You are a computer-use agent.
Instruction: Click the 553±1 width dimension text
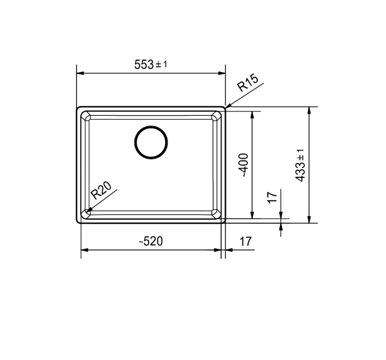(x=151, y=65)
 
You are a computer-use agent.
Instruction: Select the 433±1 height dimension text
(x=301, y=165)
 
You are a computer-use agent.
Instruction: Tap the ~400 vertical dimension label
(x=244, y=165)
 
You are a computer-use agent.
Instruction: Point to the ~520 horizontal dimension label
(x=151, y=241)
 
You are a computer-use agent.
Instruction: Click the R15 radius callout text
(x=248, y=83)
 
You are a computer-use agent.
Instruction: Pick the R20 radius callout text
(x=101, y=190)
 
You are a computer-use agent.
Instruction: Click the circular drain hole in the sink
(x=151, y=142)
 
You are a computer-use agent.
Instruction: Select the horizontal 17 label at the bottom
(x=246, y=241)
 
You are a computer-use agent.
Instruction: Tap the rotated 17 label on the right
(x=272, y=197)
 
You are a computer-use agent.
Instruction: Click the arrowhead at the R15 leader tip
(x=228, y=106)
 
